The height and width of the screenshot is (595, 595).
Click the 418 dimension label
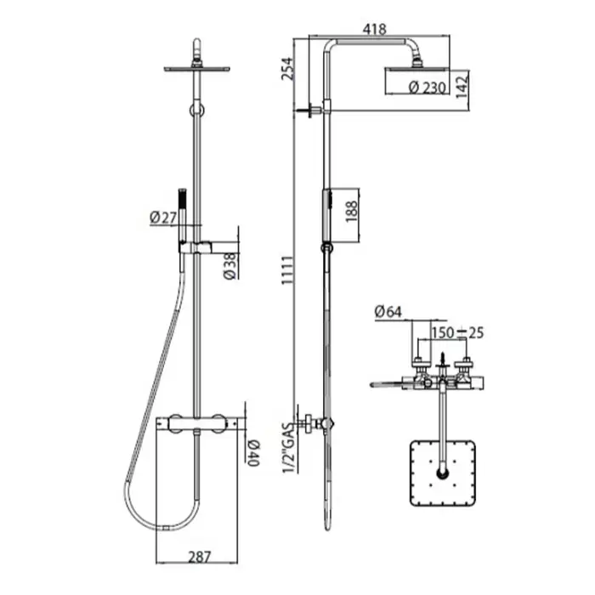point(374,29)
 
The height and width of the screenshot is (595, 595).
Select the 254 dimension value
point(287,69)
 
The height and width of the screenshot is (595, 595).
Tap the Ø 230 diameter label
point(427,88)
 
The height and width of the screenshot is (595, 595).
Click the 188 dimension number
point(351,212)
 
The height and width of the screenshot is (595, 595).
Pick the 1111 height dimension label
point(287,270)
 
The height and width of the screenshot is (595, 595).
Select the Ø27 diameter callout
point(163,218)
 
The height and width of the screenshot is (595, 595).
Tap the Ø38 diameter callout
point(230,266)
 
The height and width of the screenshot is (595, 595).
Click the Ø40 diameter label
point(253,453)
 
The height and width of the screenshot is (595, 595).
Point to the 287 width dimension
point(199,557)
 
